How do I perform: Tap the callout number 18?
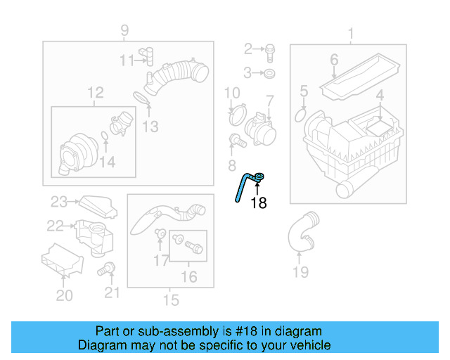(x=259, y=203)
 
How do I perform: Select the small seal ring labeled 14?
(x=104, y=136)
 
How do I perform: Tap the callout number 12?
(x=95, y=92)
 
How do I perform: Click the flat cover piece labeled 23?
(x=92, y=205)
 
